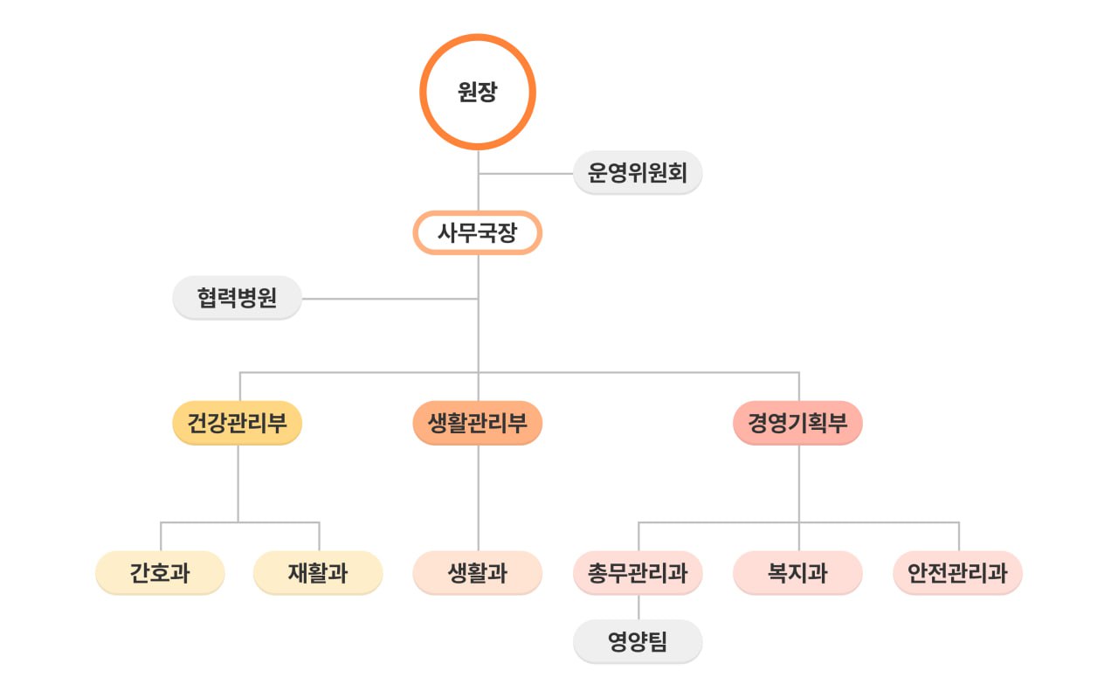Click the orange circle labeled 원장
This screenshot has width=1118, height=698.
tap(477, 92)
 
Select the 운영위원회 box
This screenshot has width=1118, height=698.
tap(638, 173)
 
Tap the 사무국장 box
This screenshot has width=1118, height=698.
tap(477, 233)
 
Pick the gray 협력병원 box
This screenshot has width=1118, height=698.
tap(237, 299)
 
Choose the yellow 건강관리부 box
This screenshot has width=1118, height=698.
tap(237, 424)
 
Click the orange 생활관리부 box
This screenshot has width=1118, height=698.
tap(477, 424)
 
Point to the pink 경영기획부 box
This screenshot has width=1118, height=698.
tap(797, 424)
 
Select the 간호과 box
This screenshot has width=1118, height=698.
tap(160, 573)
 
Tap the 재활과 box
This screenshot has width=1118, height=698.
tap(318, 573)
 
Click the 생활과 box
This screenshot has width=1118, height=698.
tap(477, 573)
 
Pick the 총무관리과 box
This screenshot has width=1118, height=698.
tap(638, 573)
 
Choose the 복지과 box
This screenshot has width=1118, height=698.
tap(797, 573)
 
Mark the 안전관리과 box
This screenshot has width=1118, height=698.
tap(957, 573)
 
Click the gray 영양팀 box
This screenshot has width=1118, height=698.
tap(638, 642)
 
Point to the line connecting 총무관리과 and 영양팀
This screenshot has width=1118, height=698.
tap(638, 607)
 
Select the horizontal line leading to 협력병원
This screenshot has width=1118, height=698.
tap(389, 299)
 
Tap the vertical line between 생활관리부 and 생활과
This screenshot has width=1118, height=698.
tap(478, 498)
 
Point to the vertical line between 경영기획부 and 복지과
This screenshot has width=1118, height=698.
tap(798, 485)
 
